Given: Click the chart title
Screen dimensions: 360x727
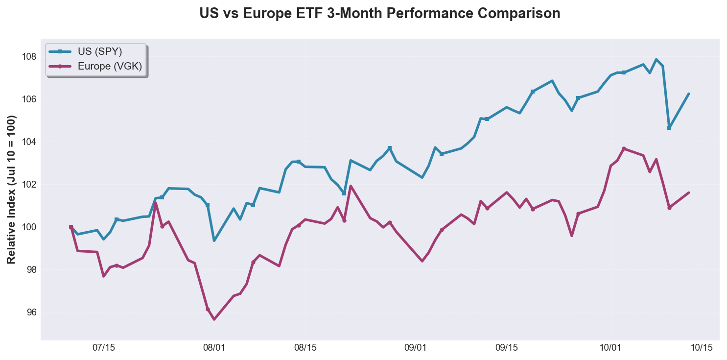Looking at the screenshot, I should pyautogui.click(x=379, y=14).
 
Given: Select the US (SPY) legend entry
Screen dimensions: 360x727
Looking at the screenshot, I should pyautogui.click(x=100, y=51).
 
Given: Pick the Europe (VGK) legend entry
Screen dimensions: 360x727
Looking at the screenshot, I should pyautogui.click(x=109, y=67).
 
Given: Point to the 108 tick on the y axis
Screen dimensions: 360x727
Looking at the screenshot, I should pyautogui.click(x=29, y=57).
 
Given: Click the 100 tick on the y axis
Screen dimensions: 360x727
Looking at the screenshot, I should pyautogui.click(x=29, y=227).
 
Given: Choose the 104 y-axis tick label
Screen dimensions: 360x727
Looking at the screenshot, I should pyautogui.click(x=29, y=142).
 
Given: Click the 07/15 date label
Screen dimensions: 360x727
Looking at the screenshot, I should pyautogui.click(x=103, y=348).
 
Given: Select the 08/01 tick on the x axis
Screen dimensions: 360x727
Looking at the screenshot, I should pyautogui.click(x=214, y=348).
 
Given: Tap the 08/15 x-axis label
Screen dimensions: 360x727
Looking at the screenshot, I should pyautogui.click(x=305, y=348).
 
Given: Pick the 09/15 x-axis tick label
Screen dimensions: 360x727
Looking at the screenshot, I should pyautogui.click(x=507, y=348).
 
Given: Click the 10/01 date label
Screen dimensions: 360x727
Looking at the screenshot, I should pyautogui.click(x=610, y=348).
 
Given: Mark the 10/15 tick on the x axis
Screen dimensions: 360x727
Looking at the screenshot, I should pyautogui.click(x=702, y=348).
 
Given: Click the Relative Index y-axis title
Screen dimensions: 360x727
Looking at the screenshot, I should pyautogui.click(x=12, y=190).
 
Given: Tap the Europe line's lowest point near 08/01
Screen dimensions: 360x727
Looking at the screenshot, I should pyautogui.click(x=214, y=319).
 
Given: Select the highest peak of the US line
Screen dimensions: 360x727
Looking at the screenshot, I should pyautogui.click(x=656, y=59).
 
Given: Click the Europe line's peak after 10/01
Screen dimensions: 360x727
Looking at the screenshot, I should pyautogui.click(x=624, y=148).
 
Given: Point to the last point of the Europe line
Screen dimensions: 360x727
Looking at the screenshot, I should pyautogui.click(x=689, y=192).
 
